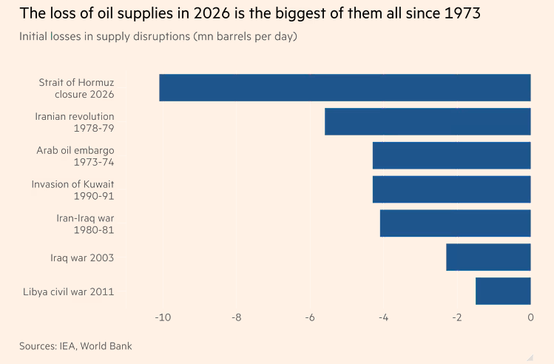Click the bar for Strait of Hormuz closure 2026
click(345, 88)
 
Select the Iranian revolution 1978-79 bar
click(428, 121)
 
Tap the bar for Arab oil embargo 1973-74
click(451, 155)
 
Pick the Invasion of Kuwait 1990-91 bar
click(451, 189)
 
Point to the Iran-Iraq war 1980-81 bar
click(455, 223)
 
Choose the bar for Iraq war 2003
click(488, 257)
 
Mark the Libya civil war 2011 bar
click(503, 291)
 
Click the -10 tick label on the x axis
click(162, 318)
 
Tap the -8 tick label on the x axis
click(236, 318)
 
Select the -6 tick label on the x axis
click(309, 318)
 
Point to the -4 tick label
click(383, 318)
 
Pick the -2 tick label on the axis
click(456, 318)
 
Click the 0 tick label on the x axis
click(530, 318)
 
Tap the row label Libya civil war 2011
click(69, 291)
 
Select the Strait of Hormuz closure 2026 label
click(76, 88)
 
